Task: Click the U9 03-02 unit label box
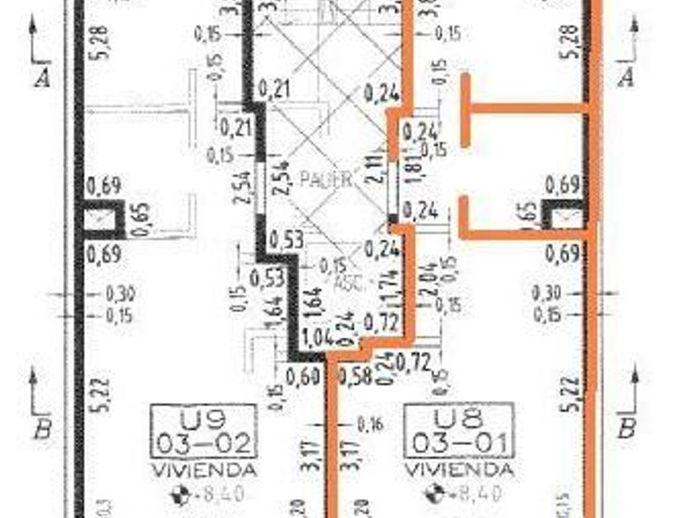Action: [x=203, y=430]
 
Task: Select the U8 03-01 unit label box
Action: [x=458, y=430]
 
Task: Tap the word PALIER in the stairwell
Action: [x=326, y=178]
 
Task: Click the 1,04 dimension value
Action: [x=317, y=337]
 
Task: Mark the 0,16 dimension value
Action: [x=371, y=425]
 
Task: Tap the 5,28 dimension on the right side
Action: [x=573, y=41]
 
